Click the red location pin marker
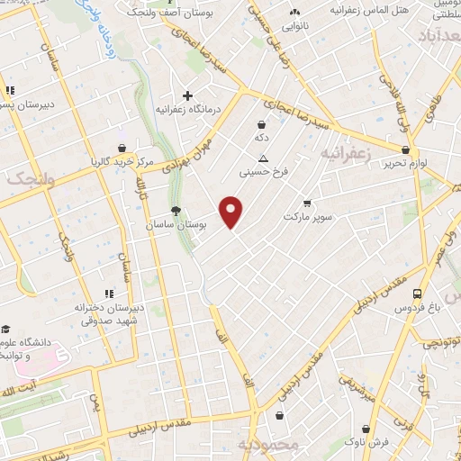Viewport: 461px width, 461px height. coord(232,212)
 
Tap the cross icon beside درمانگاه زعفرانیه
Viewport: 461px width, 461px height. coord(187,95)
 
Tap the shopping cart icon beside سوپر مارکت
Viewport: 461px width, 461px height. coord(307,203)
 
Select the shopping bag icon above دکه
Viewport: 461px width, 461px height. coord(261,125)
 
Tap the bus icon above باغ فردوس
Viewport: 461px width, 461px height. coord(417,294)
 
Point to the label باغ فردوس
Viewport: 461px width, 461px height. coord(416,308)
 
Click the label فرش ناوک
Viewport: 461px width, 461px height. coord(369,442)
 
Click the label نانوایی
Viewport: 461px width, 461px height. coord(294,26)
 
